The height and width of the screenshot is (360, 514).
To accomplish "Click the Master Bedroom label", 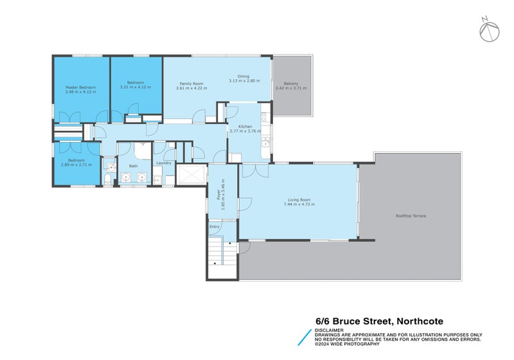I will tap(80, 87).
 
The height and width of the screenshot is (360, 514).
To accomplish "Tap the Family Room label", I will tap(191, 84).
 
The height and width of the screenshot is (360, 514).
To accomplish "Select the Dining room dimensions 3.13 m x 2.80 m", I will tap(244, 81).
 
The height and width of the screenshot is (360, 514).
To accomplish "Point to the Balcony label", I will tap(291, 82).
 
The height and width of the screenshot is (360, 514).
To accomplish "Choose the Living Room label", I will tap(299, 200).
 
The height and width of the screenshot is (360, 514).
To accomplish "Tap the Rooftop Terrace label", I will tap(411, 215).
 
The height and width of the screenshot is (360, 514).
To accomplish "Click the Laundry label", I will tap(163, 162).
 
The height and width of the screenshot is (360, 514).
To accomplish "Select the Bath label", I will tap(133, 166).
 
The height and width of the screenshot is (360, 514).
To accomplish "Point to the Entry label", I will tap(214, 227).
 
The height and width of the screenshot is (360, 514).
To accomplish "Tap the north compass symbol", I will tap(489, 29).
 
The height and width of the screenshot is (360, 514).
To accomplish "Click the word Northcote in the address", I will tap(420, 321).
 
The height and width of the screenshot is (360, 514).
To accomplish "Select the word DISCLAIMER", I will tap(330, 330).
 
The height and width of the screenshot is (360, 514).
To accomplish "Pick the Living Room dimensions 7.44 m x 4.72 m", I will tap(299, 204).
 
